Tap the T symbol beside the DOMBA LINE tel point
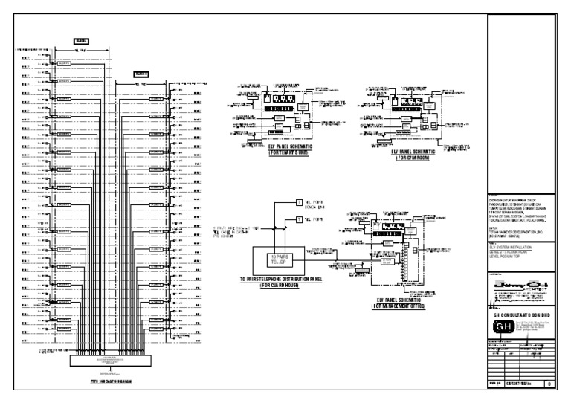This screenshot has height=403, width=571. pos(300,203)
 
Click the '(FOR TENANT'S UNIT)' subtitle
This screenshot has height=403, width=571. pos(292,152)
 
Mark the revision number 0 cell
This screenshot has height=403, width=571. pos(549,384)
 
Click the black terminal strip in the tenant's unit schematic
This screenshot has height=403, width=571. pos(285,98)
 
